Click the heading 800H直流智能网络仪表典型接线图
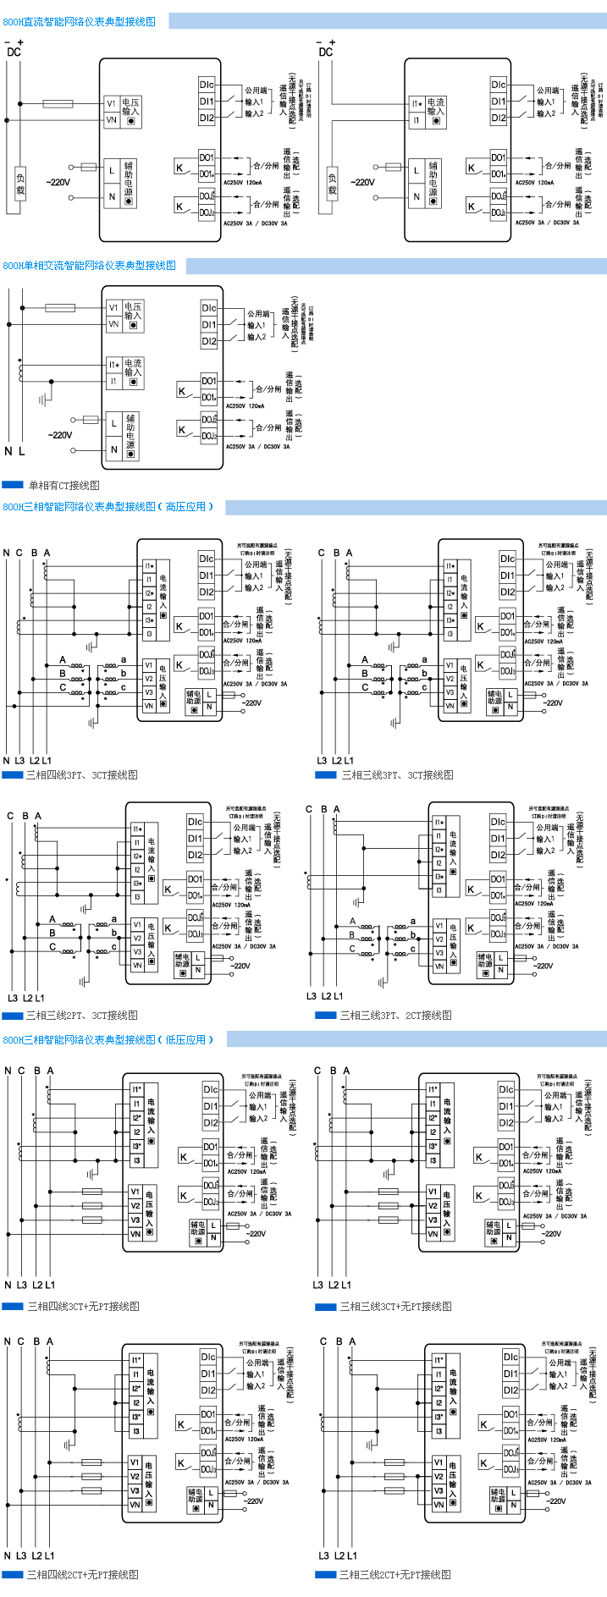80,22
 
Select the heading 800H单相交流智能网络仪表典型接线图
90,266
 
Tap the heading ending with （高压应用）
108,507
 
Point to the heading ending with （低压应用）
108,1039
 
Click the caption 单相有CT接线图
64,486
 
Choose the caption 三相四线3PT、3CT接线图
81,774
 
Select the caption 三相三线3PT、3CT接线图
397,774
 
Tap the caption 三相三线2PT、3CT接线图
81,1015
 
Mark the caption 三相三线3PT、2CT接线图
395,1015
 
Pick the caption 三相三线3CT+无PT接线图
395,1307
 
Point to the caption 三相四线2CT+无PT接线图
83,1575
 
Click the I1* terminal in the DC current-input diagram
417,104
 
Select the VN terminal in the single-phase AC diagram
113,323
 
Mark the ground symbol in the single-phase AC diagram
49,395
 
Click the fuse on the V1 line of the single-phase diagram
59,308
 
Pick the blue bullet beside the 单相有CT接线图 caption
13,485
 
